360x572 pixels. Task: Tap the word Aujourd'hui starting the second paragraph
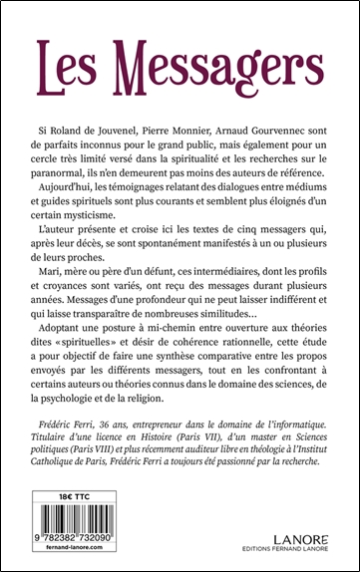[82, 185]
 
